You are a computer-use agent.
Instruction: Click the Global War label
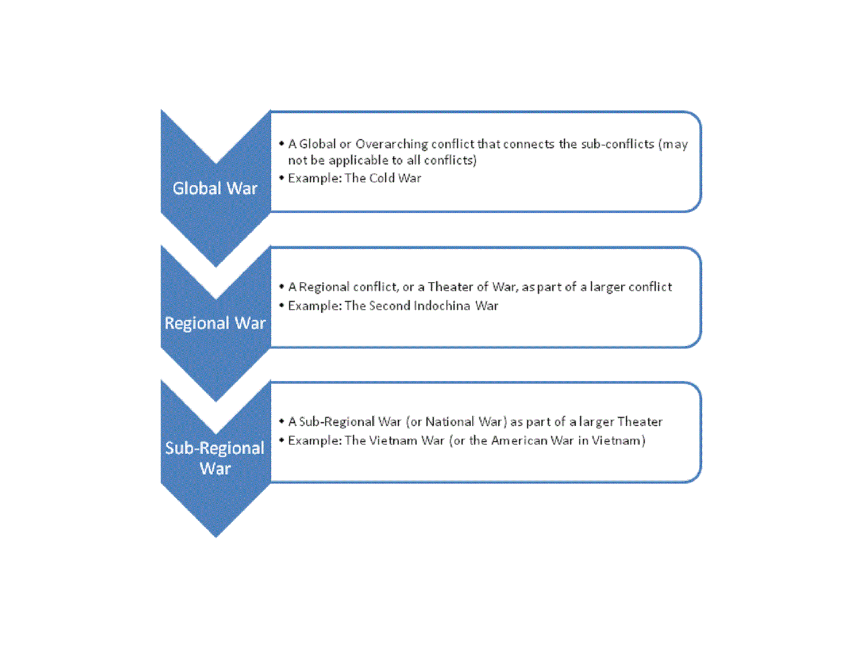tap(215, 188)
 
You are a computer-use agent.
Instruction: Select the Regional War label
tap(215, 323)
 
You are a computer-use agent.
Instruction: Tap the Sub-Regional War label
tap(215, 458)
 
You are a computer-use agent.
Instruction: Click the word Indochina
tap(442, 305)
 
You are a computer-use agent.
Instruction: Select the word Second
tap(390, 305)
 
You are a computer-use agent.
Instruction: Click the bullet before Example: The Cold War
tap(281, 178)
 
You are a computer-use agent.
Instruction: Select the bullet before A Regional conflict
tap(281, 287)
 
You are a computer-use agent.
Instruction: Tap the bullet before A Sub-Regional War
tap(281, 422)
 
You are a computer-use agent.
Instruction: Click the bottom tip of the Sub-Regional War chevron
tap(215, 537)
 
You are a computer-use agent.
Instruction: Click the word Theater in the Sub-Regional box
tap(640, 422)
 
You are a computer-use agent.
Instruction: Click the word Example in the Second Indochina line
tap(315, 306)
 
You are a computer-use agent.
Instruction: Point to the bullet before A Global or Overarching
tap(281, 144)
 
